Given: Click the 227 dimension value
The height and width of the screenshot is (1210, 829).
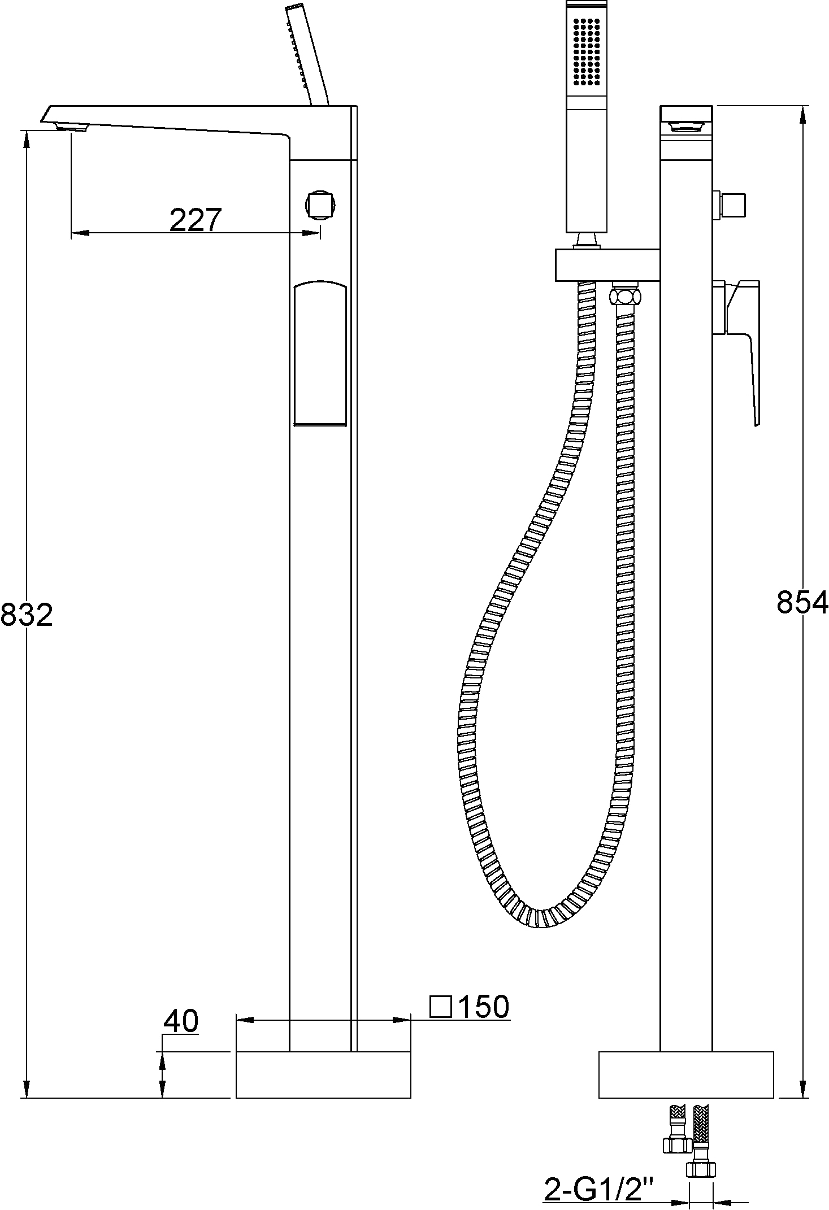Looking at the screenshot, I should (195, 220).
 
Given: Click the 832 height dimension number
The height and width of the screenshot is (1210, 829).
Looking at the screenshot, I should (27, 615).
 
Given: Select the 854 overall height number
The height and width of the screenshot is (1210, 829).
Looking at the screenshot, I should (801, 602).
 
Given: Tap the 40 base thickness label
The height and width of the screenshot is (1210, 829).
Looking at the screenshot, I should (181, 1021).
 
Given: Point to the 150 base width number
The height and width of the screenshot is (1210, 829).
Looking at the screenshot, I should (483, 1007).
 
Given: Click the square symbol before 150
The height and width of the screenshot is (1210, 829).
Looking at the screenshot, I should (441, 1007).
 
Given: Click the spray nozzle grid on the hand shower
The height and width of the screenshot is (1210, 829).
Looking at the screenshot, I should (586, 52).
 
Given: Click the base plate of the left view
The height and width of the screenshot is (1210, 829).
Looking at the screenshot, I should (323, 1074).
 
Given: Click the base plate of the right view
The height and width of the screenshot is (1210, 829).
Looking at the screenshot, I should (685, 1074).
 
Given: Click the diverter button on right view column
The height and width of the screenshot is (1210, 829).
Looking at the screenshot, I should (732, 204).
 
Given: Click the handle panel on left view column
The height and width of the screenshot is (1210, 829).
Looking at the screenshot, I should (320, 354).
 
